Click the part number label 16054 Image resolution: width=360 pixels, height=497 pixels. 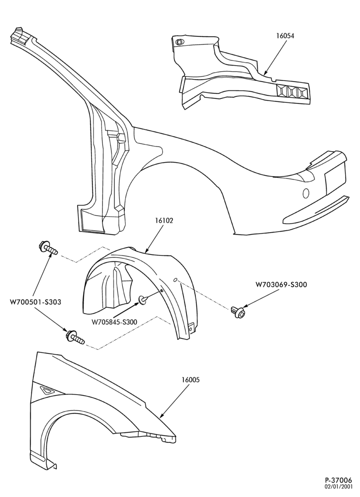pos(284,36)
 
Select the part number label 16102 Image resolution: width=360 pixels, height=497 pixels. pos(164,220)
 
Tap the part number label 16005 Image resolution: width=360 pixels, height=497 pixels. pos(190,379)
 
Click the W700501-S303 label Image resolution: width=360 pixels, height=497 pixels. pos(35,302)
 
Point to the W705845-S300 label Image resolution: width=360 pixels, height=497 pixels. pos(114,322)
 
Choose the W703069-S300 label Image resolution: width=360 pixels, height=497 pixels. pos(281,284)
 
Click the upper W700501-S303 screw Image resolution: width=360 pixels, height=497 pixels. pos(48,247)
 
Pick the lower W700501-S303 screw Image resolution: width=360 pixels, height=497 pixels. pos(75,337)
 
